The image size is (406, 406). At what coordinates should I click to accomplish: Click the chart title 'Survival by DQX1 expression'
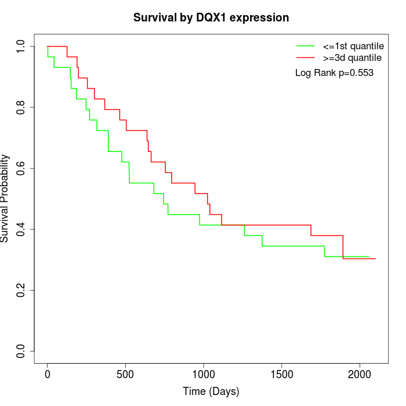pyautogui.click(x=211, y=18)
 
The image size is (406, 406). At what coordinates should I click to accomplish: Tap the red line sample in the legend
pyautogui.click(x=306, y=57)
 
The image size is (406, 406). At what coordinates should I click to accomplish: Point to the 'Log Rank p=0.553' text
pyautogui.click(x=334, y=73)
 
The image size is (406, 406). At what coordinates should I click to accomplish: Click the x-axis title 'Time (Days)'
pyautogui.click(x=211, y=391)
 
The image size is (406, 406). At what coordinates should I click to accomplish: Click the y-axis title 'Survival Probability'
pyautogui.click(x=5, y=198)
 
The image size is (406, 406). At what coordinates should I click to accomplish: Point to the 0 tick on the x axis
pyautogui.click(x=48, y=372)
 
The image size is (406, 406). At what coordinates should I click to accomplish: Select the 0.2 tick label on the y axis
pyautogui.click(x=22, y=290)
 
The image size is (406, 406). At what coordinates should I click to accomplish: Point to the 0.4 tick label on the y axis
pyautogui.click(x=22, y=229)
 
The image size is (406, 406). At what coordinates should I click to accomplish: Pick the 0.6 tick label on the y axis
pyautogui.click(x=22, y=168)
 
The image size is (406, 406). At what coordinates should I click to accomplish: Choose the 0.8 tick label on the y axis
pyautogui.click(x=22, y=107)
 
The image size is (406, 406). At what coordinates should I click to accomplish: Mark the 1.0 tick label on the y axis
pyautogui.click(x=22, y=46)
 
